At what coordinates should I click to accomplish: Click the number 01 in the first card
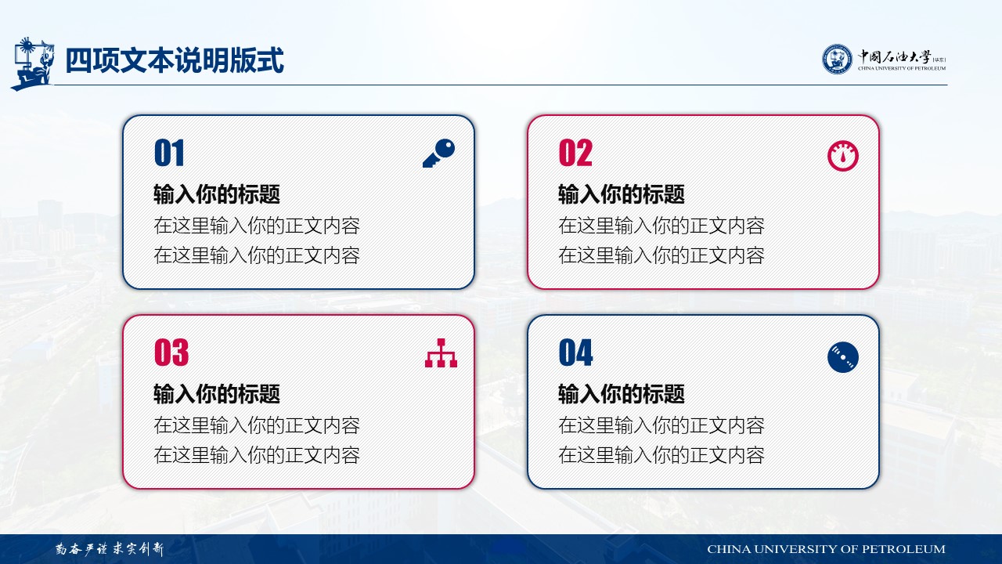click(x=169, y=153)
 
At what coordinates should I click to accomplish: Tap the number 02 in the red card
click(x=575, y=153)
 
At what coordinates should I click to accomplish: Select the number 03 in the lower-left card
click(x=171, y=352)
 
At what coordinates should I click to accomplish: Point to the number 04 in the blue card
click(x=575, y=352)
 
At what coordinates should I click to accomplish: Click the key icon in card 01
click(x=439, y=153)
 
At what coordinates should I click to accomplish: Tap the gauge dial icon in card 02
click(x=843, y=156)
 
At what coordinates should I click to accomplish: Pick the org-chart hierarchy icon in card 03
click(x=441, y=353)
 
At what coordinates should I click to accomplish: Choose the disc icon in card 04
click(x=843, y=357)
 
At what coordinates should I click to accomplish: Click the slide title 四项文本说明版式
click(x=175, y=60)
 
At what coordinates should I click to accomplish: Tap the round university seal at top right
click(x=838, y=59)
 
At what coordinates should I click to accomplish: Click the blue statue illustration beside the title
click(x=32, y=63)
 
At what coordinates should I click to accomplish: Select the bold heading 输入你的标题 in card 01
click(x=217, y=194)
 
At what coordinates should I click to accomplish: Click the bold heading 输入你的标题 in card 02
click(x=622, y=194)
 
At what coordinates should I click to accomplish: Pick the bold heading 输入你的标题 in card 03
click(x=217, y=394)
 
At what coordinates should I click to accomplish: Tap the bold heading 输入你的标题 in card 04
click(x=622, y=394)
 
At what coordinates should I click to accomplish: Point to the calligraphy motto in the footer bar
click(x=110, y=549)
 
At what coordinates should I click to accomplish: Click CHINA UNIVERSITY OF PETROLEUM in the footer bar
click(x=826, y=549)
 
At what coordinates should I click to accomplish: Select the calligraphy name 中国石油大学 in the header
click(x=894, y=57)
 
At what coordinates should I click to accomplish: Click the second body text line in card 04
click(x=661, y=455)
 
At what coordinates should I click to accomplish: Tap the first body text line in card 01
click(x=257, y=226)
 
